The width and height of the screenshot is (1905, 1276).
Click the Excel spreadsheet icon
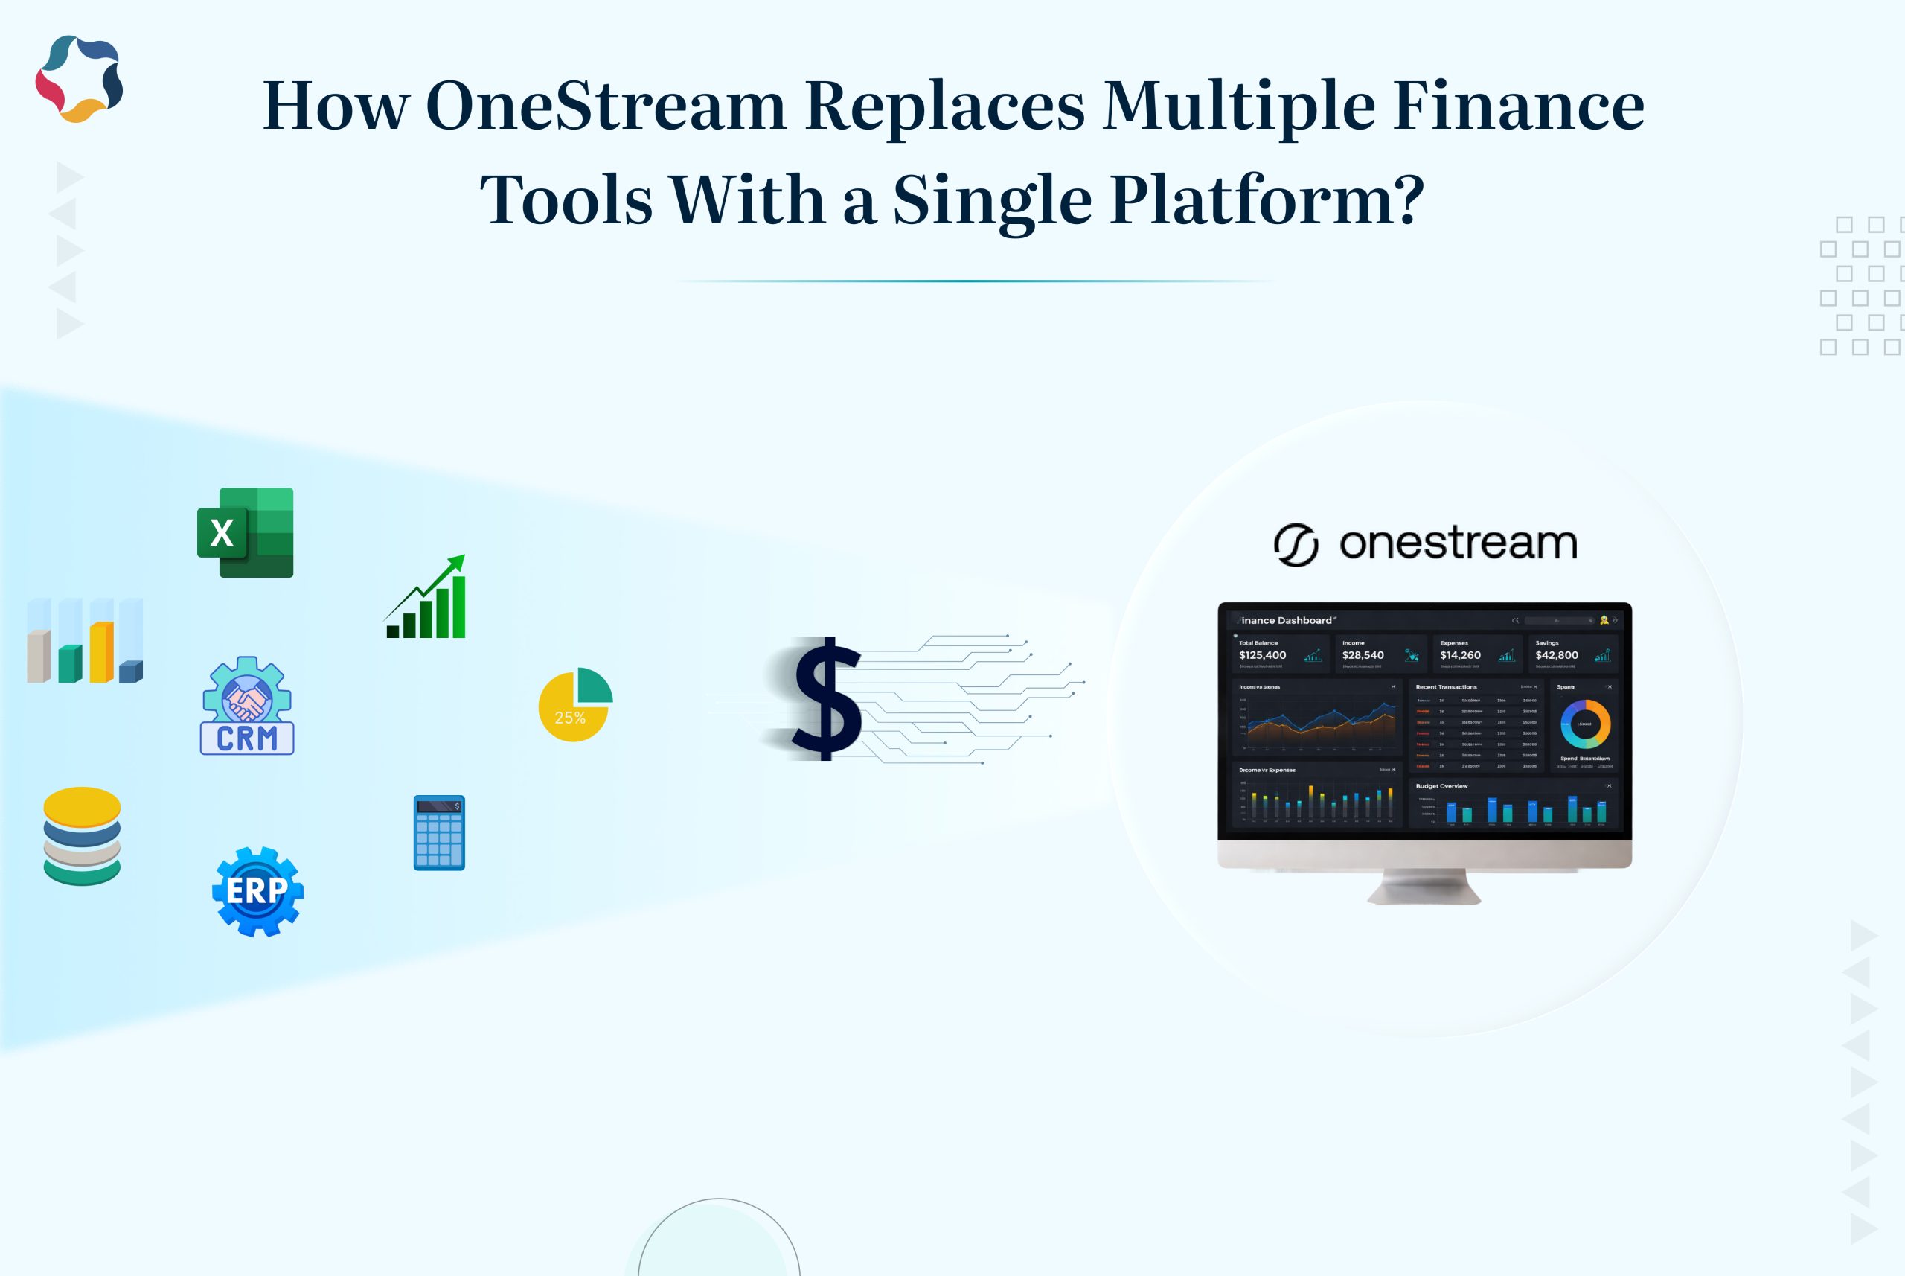(245, 533)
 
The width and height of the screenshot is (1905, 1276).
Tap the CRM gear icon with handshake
(247, 706)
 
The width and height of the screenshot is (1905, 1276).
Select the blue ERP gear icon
(257, 891)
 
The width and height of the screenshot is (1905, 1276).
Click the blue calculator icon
(439, 832)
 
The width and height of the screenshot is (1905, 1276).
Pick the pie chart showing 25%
(575, 705)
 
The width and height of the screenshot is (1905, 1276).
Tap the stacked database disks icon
(81, 836)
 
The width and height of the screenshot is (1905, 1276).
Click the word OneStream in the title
(605, 106)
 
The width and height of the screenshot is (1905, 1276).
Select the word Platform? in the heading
(1267, 200)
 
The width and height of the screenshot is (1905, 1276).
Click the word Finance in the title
(1518, 106)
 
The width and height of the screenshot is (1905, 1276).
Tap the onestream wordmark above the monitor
(1458, 543)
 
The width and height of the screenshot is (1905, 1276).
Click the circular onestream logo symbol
(1296, 544)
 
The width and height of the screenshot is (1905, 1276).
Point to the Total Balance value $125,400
(1262, 655)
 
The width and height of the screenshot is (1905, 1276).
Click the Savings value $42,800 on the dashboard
(1556, 655)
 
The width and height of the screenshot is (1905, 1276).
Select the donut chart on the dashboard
(1584, 724)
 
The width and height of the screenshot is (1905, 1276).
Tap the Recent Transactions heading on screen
(1447, 687)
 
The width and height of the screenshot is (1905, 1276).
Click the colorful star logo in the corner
(79, 79)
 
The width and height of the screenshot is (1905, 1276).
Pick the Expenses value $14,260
(1460, 655)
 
